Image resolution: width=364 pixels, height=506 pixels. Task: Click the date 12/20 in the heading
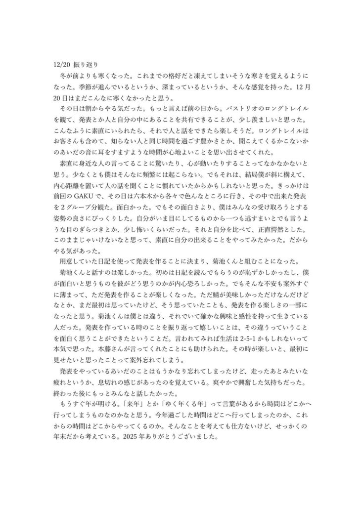pyautogui.click(x=61, y=64)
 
